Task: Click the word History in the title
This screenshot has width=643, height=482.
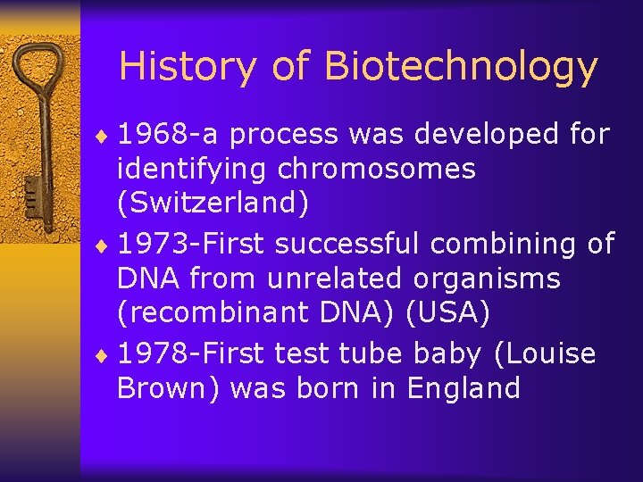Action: (x=169, y=67)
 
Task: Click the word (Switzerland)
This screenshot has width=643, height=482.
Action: (x=213, y=204)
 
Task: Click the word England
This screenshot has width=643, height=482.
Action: (x=463, y=388)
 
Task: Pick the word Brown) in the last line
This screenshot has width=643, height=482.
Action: (x=170, y=388)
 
